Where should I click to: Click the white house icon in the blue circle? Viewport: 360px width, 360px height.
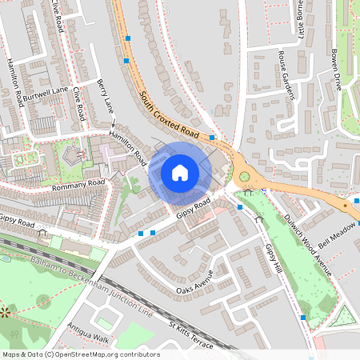coord(180,172)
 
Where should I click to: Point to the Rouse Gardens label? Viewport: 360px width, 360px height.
coord(286,76)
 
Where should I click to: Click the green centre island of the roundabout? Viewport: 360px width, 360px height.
coord(244,178)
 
